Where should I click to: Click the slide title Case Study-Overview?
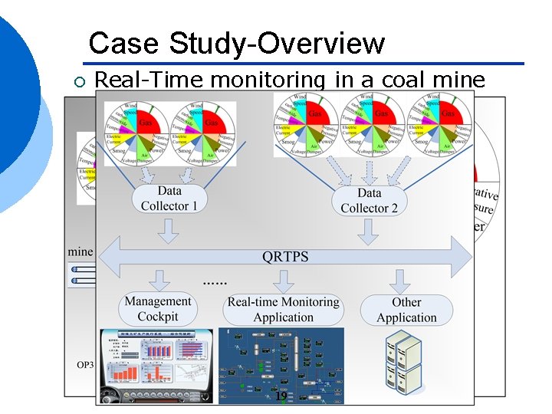pos(236,43)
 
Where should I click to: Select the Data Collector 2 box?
pos(369,200)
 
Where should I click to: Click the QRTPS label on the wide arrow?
pos(285,256)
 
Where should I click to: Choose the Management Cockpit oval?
pos(158,309)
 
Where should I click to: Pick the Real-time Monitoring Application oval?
pos(283,310)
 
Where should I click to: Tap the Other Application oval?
pos(406,310)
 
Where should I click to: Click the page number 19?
pos(281,396)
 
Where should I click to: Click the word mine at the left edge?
pos(80,251)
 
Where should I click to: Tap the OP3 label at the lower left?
pos(84,364)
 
